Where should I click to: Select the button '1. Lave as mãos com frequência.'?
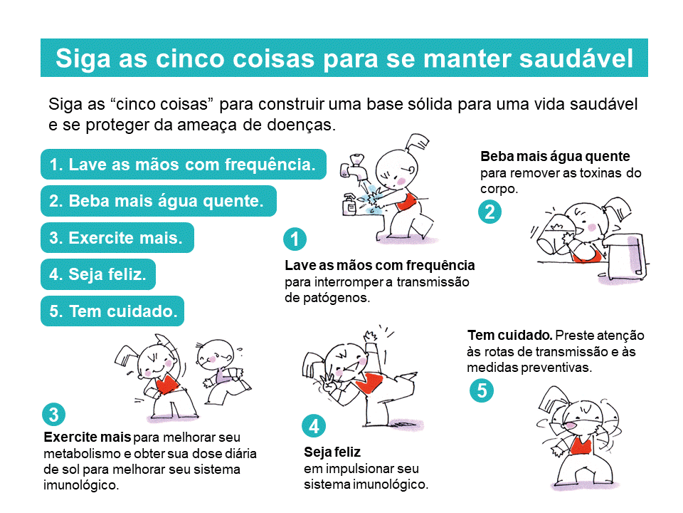click(x=184, y=165)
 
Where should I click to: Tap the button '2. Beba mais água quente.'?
click(x=159, y=201)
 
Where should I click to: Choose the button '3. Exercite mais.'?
click(x=117, y=238)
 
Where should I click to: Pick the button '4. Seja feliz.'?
click(x=98, y=274)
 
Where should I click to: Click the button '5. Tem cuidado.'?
click(x=112, y=311)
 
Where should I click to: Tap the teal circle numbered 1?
click(x=295, y=239)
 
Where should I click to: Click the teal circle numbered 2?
click(x=489, y=212)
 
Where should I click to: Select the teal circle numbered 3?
click(x=53, y=415)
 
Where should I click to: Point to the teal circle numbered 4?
click(x=314, y=426)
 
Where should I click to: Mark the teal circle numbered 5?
click(x=482, y=390)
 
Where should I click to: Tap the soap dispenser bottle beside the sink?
click(x=350, y=204)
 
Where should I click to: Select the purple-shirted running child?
click(x=223, y=372)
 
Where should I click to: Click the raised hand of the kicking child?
click(x=371, y=336)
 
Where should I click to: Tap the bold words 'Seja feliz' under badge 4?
click(x=332, y=452)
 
